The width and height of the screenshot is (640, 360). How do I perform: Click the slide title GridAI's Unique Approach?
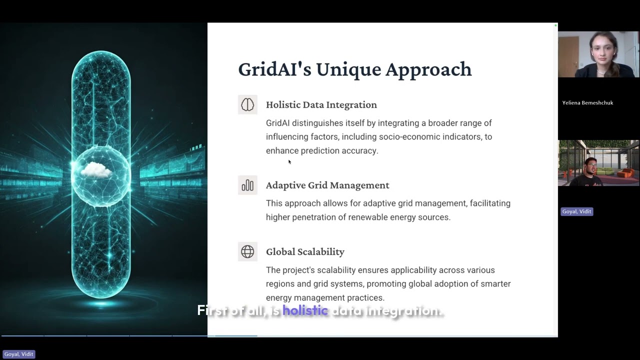click(x=354, y=69)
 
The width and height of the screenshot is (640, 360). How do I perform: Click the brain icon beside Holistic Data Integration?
click(x=247, y=104)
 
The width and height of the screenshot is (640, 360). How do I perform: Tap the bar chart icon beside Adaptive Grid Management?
click(x=247, y=185)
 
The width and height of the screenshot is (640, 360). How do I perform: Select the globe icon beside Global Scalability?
click(x=247, y=251)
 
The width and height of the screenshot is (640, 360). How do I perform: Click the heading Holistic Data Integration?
click(x=321, y=104)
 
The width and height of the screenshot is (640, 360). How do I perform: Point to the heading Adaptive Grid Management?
click(x=327, y=185)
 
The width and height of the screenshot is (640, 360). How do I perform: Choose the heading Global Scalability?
click(x=305, y=251)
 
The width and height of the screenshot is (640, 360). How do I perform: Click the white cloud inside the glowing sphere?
click(x=96, y=170)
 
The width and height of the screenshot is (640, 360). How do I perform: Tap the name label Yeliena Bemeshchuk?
click(x=587, y=102)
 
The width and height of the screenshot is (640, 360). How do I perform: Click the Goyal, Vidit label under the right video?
click(x=576, y=211)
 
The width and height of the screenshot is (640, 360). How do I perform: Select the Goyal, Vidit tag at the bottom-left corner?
click(x=18, y=354)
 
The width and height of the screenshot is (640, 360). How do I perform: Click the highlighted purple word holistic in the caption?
click(x=305, y=310)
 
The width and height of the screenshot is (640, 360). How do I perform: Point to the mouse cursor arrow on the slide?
click(x=289, y=161)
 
